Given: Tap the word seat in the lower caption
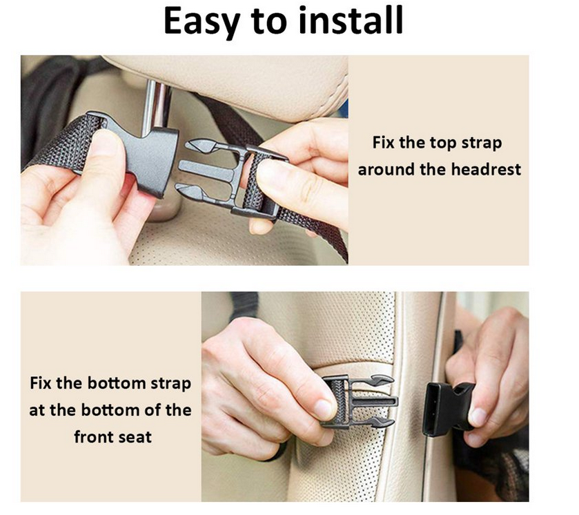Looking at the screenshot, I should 134,436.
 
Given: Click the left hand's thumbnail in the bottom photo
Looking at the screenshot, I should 320,407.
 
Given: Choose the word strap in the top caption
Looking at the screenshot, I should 481,144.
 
